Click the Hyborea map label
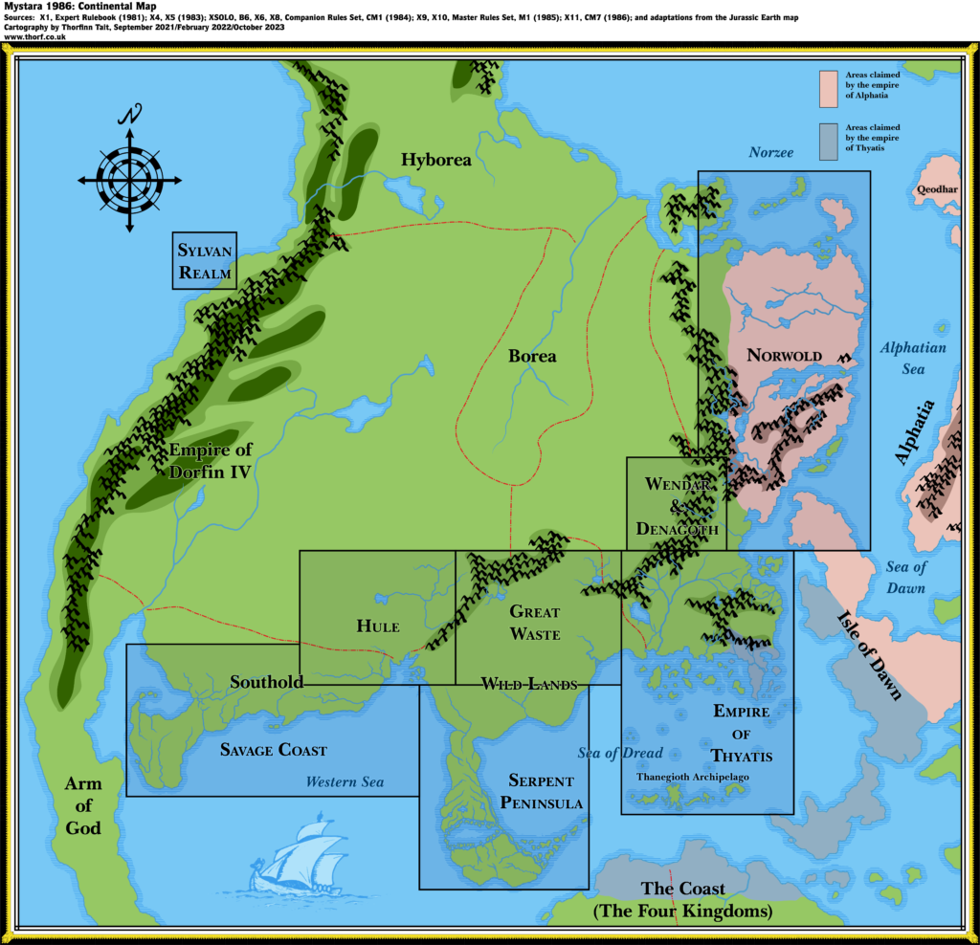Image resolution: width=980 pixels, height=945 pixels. point(435,160)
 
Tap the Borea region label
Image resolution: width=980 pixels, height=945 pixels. point(532,356)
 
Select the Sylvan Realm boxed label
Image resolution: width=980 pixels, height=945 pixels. point(205,261)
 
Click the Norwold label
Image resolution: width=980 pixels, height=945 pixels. point(784,355)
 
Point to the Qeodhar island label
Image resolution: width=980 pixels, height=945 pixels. point(936,189)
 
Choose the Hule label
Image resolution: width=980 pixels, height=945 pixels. point(377,626)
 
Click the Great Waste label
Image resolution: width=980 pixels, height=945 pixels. point(534,623)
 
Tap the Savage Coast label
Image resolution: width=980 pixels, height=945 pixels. point(273,750)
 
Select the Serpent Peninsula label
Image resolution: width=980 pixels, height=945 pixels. point(541,791)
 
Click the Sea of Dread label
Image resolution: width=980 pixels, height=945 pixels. point(620,753)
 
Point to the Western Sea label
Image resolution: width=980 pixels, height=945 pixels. point(345,782)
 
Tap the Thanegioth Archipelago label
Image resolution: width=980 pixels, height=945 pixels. point(693,777)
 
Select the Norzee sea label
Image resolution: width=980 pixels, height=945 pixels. point(770,152)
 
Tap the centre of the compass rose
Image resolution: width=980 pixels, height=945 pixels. point(129,178)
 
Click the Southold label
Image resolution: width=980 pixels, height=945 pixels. point(266,682)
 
